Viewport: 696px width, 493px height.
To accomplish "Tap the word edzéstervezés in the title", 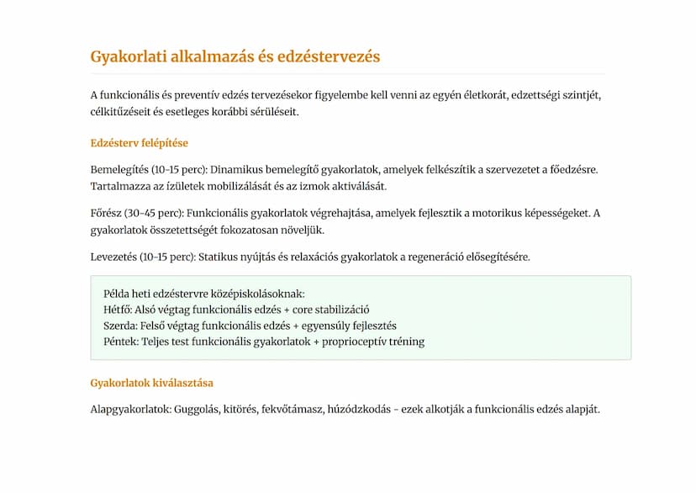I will pyautogui.click(x=335, y=57).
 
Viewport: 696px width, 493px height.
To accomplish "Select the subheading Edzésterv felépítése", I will pyautogui.click(x=139, y=143).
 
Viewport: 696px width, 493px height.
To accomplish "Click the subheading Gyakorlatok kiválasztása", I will pyautogui.click(x=151, y=383).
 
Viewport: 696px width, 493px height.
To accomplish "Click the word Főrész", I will pyautogui.click(x=105, y=214).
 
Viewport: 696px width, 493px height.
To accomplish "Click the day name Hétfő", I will pyautogui.click(x=117, y=310).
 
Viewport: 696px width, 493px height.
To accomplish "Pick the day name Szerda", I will pyautogui.click(x=119, y=326).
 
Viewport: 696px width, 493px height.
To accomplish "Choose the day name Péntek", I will pyautogui.click(x=120, y=342).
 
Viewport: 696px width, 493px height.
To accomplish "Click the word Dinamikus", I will pyautogui.click(x=219, y=170).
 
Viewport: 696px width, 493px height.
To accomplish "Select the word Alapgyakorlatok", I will pyautogui.click(x=129, y=411).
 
